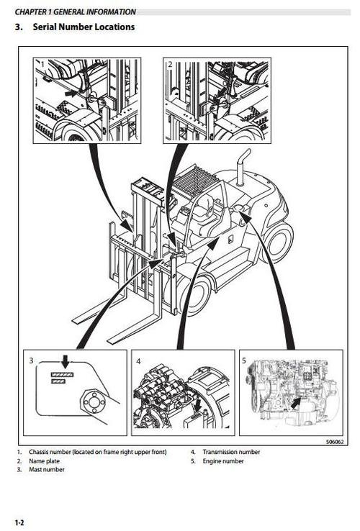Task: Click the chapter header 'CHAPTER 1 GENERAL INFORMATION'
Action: point(76,12)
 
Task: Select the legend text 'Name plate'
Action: point(44,460)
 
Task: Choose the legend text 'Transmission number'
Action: point(231,452)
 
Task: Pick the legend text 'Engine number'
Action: point(223,460)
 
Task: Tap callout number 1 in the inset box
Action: point(42,65)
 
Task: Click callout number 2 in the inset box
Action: point(170,65)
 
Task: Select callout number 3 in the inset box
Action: point(31,358)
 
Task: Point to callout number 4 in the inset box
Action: point(138,358)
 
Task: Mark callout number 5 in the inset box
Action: point(244,358)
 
